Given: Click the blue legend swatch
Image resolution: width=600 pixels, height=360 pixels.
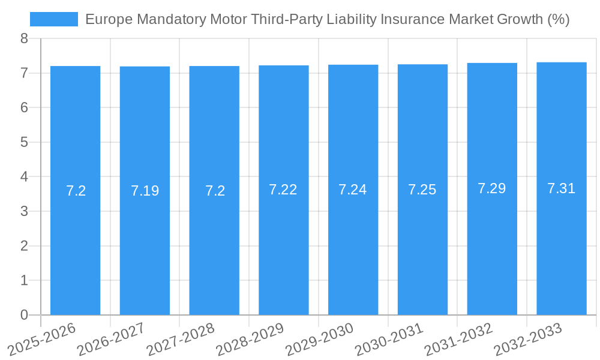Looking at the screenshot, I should click(x=54, y=19).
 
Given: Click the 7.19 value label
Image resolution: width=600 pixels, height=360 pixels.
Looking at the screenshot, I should click(x=145, y=191).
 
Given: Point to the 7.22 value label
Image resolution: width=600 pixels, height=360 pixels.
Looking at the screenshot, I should click(x=283, y=190).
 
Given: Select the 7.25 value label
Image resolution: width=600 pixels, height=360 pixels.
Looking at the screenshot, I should click(x=422, y=190).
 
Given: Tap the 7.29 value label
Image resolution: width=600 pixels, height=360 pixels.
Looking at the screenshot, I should click(x=492, y=188).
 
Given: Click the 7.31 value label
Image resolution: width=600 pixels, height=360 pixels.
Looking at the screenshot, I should click(x=561, y=188).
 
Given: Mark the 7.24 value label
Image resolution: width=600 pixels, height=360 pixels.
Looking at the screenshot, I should click(x=353, y=190).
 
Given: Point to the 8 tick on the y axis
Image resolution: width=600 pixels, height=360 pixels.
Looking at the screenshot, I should click(x=24, y=39).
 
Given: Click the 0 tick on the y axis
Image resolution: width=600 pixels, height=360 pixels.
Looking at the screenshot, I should click(x=24, y=315).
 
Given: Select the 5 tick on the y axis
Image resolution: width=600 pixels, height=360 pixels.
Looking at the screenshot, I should click(x=24, y=143).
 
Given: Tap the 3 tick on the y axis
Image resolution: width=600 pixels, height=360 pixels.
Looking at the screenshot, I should click(x=24, y=212).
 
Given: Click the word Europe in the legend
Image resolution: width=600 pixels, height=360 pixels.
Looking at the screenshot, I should click(x=106, y=19).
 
